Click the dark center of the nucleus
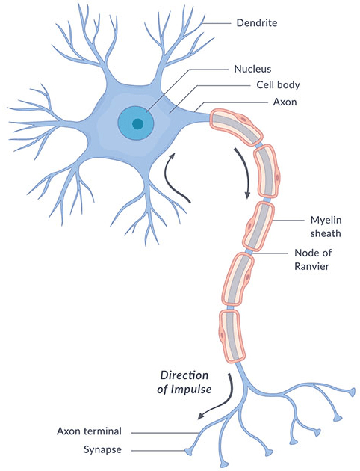137,124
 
